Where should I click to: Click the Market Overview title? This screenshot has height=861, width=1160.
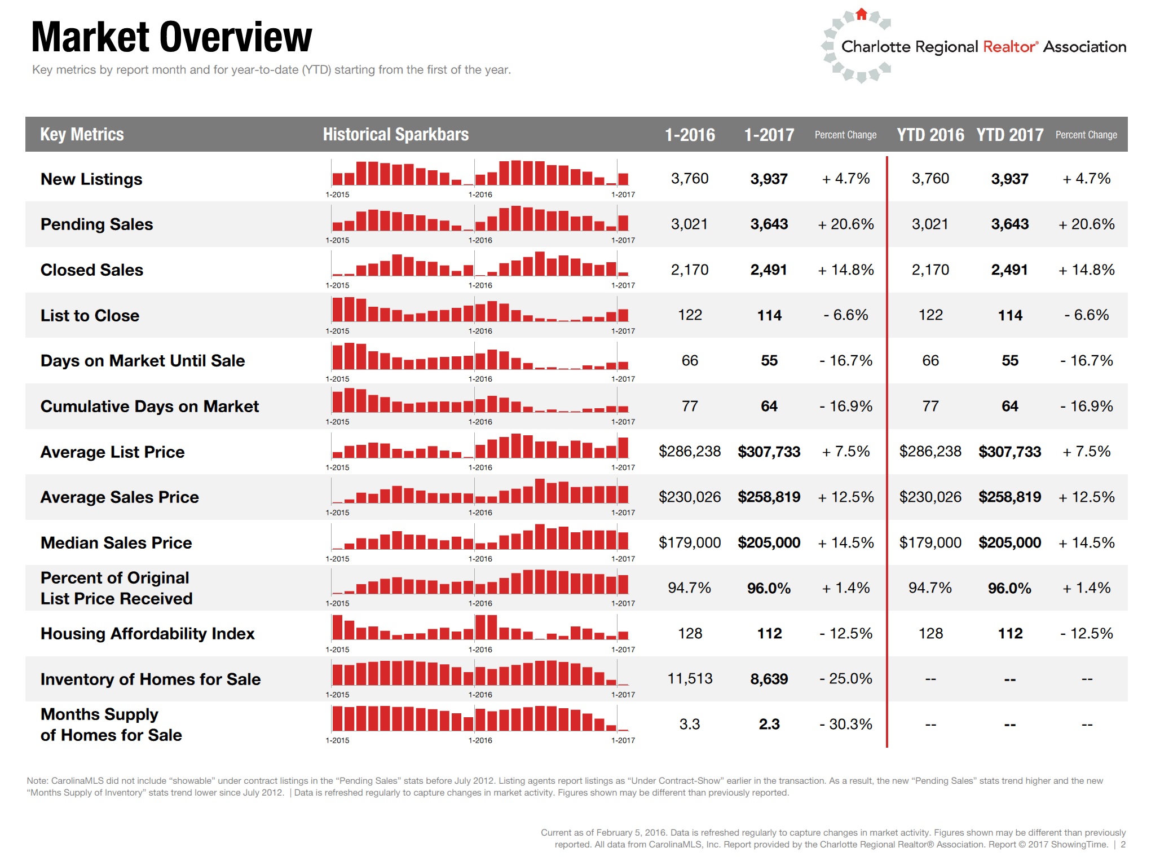[171, 37]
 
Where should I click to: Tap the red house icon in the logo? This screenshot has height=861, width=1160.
[861, 14]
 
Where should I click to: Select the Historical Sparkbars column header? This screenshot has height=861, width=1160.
[395, 135]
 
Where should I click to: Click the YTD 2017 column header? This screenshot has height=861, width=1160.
[1009, 135]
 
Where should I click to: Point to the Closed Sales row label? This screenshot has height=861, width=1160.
[92, 270]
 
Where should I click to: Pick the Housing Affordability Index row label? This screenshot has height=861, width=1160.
[147, 634]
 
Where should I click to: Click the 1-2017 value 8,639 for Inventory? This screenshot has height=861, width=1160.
[769, 679]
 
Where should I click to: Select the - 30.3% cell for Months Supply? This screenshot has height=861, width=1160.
[845, 724]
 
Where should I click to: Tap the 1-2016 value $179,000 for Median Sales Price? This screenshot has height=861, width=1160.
[689, 542]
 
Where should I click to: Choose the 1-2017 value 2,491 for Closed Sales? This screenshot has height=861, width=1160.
[768, 270]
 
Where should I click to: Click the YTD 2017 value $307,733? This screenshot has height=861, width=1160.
[1009, 452]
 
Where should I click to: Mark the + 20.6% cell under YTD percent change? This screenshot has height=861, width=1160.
[1086, 224]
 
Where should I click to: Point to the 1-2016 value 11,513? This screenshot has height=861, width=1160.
[689, 679]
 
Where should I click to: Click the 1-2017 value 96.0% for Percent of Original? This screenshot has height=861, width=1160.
[769, 588]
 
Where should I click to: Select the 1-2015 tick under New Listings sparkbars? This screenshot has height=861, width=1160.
[337, 195]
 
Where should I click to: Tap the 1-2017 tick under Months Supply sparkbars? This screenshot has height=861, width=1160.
[623, 740]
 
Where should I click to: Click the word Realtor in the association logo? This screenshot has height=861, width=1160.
[1009, 47]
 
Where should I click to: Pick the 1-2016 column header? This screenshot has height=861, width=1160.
[689, 135]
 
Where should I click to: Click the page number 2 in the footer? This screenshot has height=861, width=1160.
[1123, 845]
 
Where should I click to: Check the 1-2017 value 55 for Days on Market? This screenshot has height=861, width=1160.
[769, 361]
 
